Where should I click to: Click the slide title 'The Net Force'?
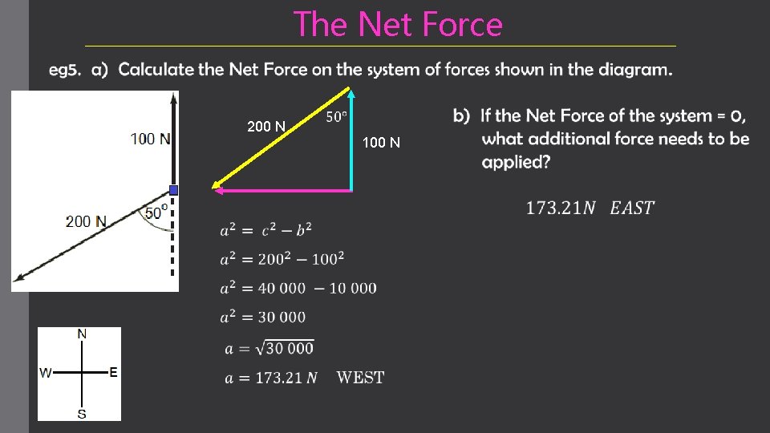pos(398,24)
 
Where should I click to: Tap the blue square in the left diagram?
pos(173,190)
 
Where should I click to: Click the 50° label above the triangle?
pos(337,117)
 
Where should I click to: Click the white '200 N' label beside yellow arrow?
pos(266,127)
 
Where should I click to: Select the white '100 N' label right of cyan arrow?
pos(381,143)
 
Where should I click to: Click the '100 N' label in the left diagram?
pos(151,139)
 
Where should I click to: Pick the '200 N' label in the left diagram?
pos(87,221)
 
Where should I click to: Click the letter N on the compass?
pos(82,334)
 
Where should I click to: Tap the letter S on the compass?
pos(82,414)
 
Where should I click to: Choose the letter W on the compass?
pos(46,373)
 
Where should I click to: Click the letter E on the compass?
pos(114,372)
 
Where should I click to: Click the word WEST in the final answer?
pos(360,377)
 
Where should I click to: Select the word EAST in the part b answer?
pos(632,208)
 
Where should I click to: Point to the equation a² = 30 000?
pos(263,317)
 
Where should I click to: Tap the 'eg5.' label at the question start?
pos(65,70)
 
